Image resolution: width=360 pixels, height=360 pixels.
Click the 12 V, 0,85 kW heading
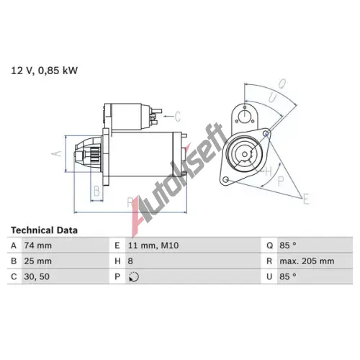43,71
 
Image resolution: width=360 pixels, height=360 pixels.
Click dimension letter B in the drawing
96,191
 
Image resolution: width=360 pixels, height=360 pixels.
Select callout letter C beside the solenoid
179,115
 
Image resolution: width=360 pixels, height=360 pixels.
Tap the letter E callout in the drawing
306,197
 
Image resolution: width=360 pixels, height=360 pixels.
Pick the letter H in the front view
268,171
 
